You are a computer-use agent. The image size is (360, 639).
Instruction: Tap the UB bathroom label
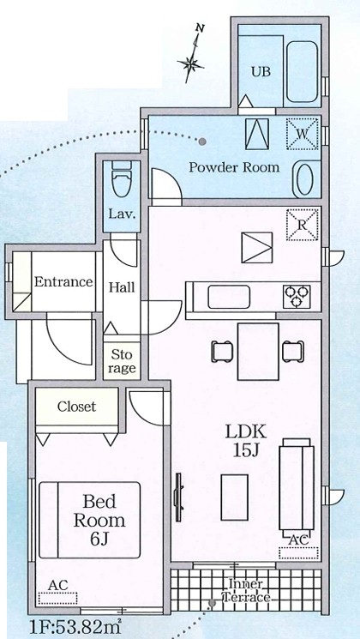[x=261, y=72]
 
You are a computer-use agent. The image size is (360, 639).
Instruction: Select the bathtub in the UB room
[x=302, y=71]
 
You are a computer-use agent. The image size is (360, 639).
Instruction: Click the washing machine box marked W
[x=302, y=133]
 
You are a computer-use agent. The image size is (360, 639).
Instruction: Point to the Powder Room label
[x=234, y=167]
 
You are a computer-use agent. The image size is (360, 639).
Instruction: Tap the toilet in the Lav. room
[x=122, y=180]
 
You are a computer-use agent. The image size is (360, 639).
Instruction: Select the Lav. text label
[x=122, y=214]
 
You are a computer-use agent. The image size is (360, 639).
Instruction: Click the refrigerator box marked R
[x=303, y=225]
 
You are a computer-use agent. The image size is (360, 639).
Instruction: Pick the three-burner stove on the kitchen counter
[x=297, y=296]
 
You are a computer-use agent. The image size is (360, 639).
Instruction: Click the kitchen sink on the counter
[x=229, y=297]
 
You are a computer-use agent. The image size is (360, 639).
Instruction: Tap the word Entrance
[x=63, y=281]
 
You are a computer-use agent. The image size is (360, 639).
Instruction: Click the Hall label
[x=122, y=287]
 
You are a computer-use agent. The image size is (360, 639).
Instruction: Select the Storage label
[x=123, y=361]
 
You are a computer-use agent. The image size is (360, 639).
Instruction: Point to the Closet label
[x=76, y=407]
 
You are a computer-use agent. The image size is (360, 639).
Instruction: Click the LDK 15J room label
[x=246, y=440]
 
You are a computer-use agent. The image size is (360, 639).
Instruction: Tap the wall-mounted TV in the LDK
[x=178, y=497]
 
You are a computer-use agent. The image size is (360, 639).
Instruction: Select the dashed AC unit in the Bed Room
[x=57, y=598]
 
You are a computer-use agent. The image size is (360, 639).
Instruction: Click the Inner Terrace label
[x=246, y=590]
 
